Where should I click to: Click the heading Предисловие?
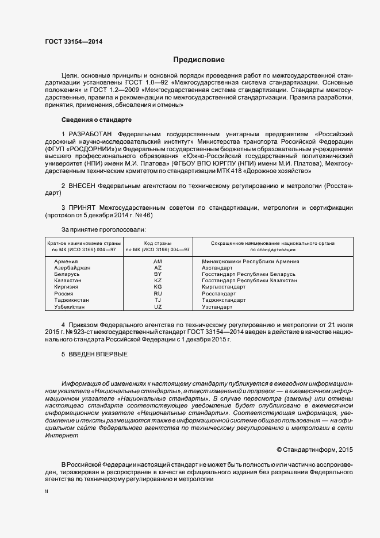click(x=199, y=60)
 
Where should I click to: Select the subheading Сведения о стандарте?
click(x=97, y=120)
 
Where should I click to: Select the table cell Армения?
click(x=66, y=262)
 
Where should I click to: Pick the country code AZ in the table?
click(x=158, y=268)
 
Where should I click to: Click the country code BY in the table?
click(x=158, y=274)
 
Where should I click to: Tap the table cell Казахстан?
click(x=68, y=280)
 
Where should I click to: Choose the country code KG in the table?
click(x=158, y=287)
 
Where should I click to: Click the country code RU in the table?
click(x=158, y=294)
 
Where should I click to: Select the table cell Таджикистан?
click(x=71, y=300)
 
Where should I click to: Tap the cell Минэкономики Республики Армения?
click(x=251, y=262)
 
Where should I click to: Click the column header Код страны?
click(x=158, y=243)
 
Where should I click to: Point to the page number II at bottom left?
click(x=47, y=492)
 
